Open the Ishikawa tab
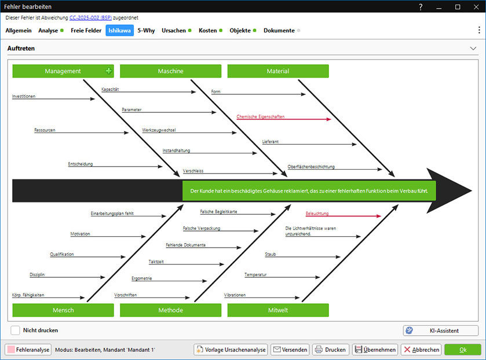120,30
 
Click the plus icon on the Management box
108,71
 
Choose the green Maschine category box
170,71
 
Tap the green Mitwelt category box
277,310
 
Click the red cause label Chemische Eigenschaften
261,116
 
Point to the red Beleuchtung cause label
317,214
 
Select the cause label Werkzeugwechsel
159,130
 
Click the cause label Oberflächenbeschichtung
311,167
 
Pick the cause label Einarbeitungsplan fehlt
112,214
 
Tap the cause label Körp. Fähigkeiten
28,295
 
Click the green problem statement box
309,190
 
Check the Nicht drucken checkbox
15,330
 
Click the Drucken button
330,350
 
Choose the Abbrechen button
421,350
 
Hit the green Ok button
462,350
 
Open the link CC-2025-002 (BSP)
90,19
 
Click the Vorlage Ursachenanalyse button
231,350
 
